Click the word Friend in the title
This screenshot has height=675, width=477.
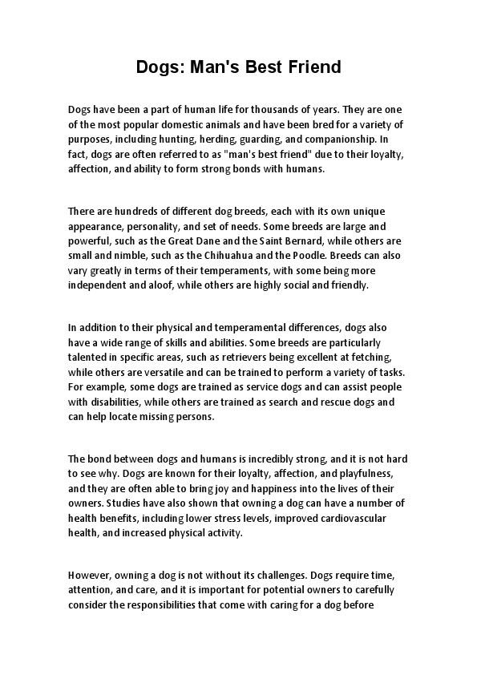[313, 67]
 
